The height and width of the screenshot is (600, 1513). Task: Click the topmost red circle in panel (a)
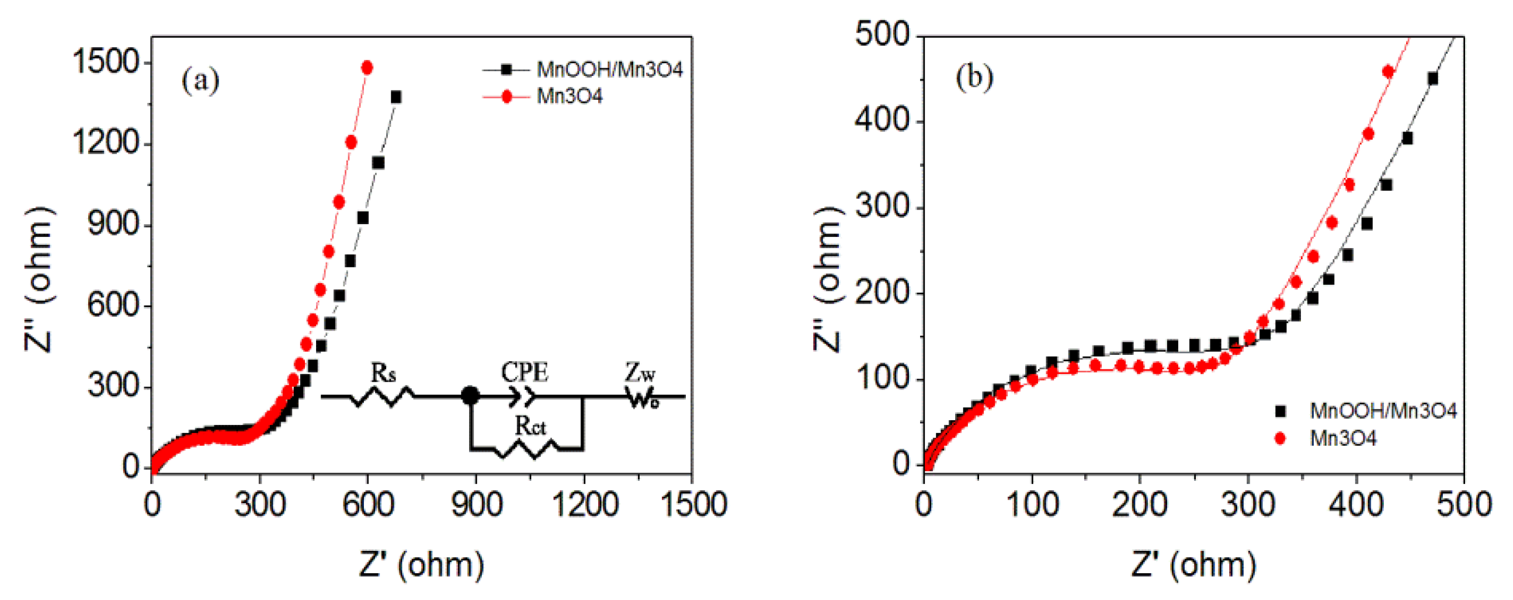click(367, 68)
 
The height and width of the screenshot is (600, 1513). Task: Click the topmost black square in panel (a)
click(396, 97)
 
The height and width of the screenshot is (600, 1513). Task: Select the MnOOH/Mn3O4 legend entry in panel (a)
click(609, 70)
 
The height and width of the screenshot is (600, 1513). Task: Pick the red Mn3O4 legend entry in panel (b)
click(1342, 438)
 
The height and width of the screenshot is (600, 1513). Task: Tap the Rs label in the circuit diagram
click(383, 373)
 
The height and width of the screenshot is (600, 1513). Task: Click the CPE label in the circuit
click(524, 372)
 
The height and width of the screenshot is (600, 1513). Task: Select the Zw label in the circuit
click(640, 373)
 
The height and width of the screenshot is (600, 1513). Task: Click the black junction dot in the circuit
click(470, 396)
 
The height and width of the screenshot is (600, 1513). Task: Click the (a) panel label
click(200, 81)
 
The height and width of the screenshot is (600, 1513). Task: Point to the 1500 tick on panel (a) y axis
click(105, 62)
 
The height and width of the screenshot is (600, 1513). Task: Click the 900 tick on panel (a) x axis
click(476, 504)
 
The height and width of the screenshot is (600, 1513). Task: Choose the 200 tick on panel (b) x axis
click(1140, 504)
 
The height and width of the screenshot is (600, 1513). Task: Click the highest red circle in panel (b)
click(1388, 72)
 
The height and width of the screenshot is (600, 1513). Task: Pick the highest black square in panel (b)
click(1432, 79)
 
